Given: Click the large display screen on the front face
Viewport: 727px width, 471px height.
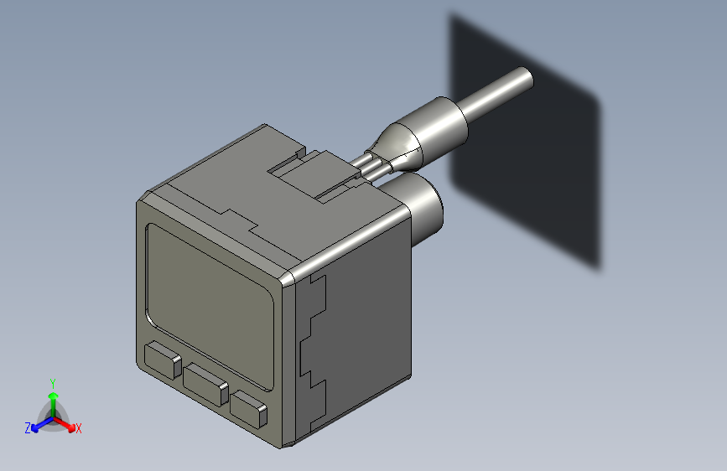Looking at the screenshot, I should point(211,302).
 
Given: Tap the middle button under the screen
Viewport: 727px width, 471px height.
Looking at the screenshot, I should point(206,385).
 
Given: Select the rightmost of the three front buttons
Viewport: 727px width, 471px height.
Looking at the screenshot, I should point(249,408).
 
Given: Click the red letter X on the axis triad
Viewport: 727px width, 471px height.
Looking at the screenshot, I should point(79,428).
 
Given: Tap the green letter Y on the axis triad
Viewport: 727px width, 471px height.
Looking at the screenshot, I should point(52,382).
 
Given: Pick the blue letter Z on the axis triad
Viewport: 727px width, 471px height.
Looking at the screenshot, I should point(28,427).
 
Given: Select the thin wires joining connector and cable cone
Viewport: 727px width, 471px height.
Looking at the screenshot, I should point(369,164).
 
